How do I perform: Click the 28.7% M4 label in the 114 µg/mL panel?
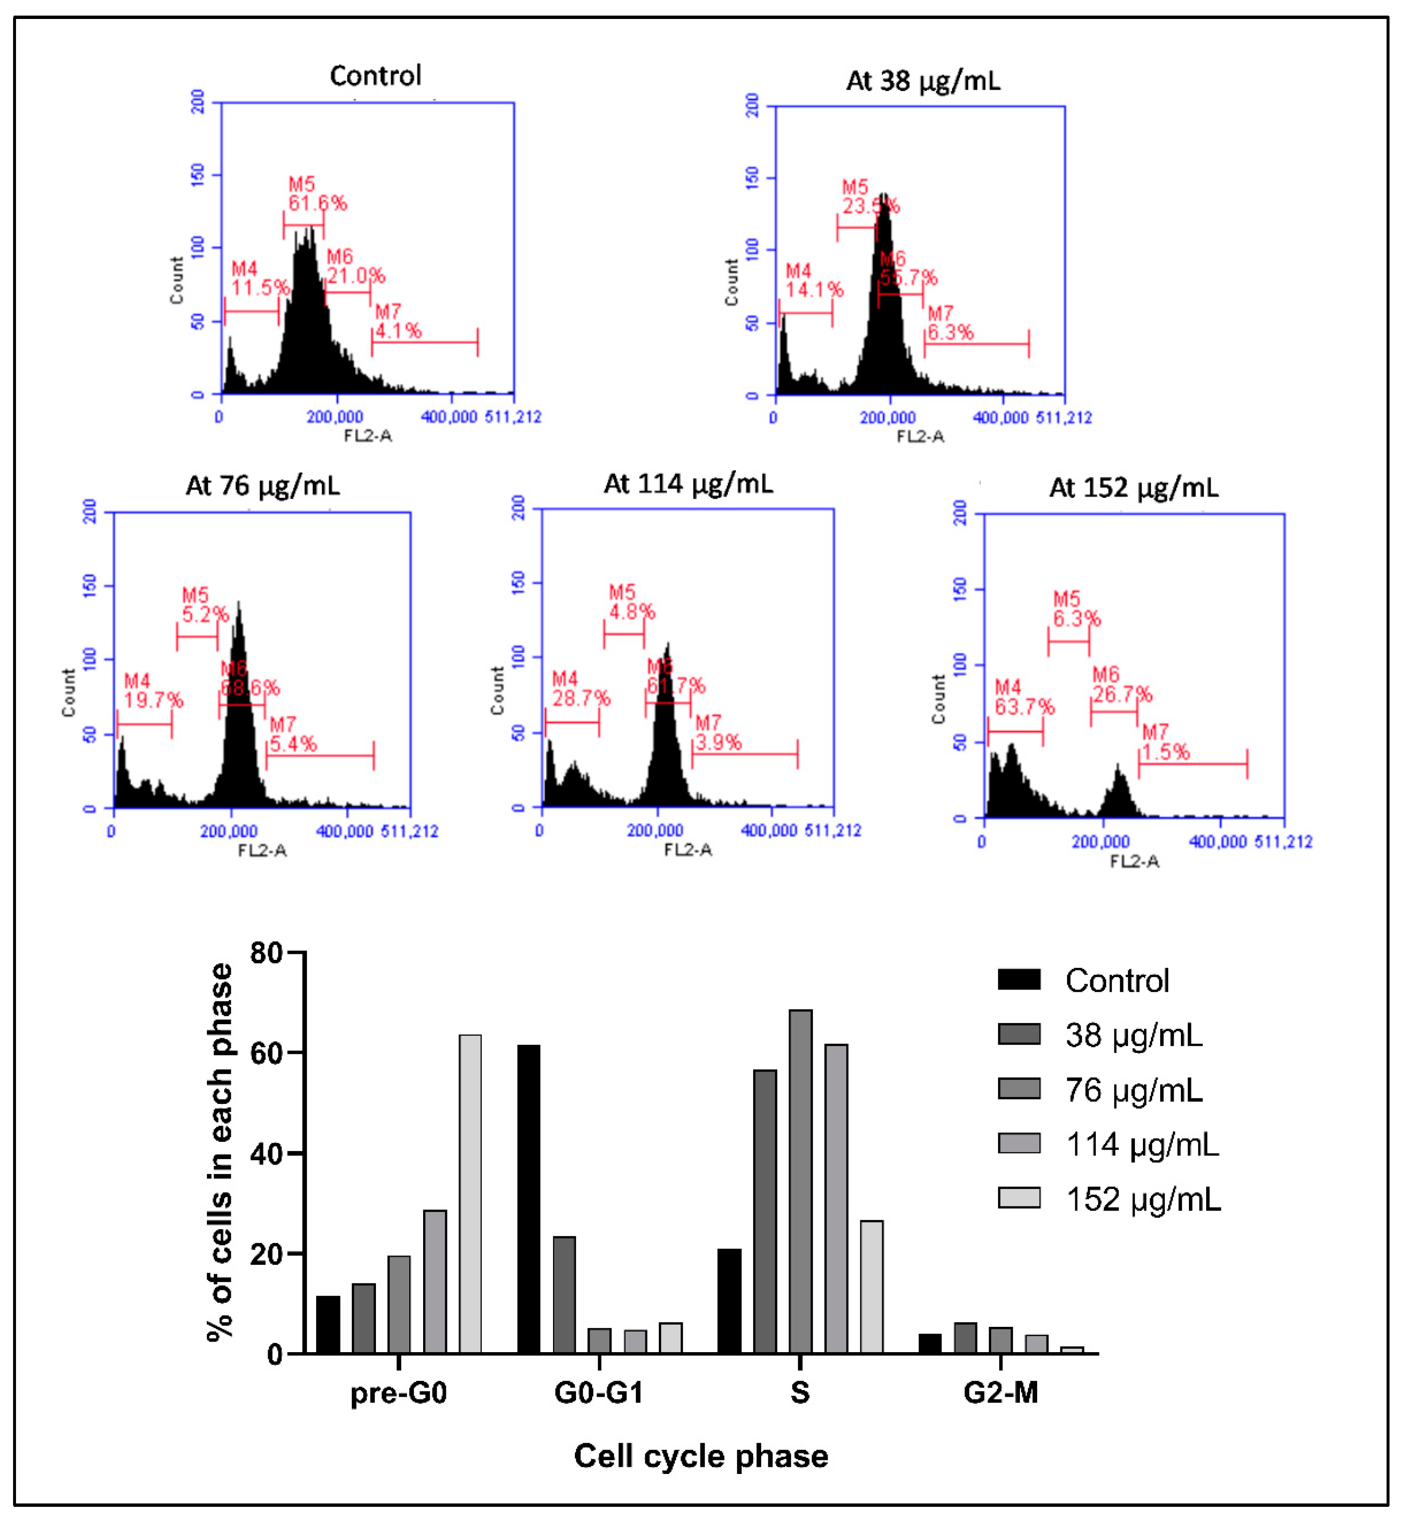pyautogui.click(x=581, y=697)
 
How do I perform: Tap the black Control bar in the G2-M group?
pyautogui.click(x=929, y=1343)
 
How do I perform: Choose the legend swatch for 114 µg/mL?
pyautogui.click(x=1019, y=1144)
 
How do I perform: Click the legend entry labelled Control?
pyautogui.click(x=1116, y=980)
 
